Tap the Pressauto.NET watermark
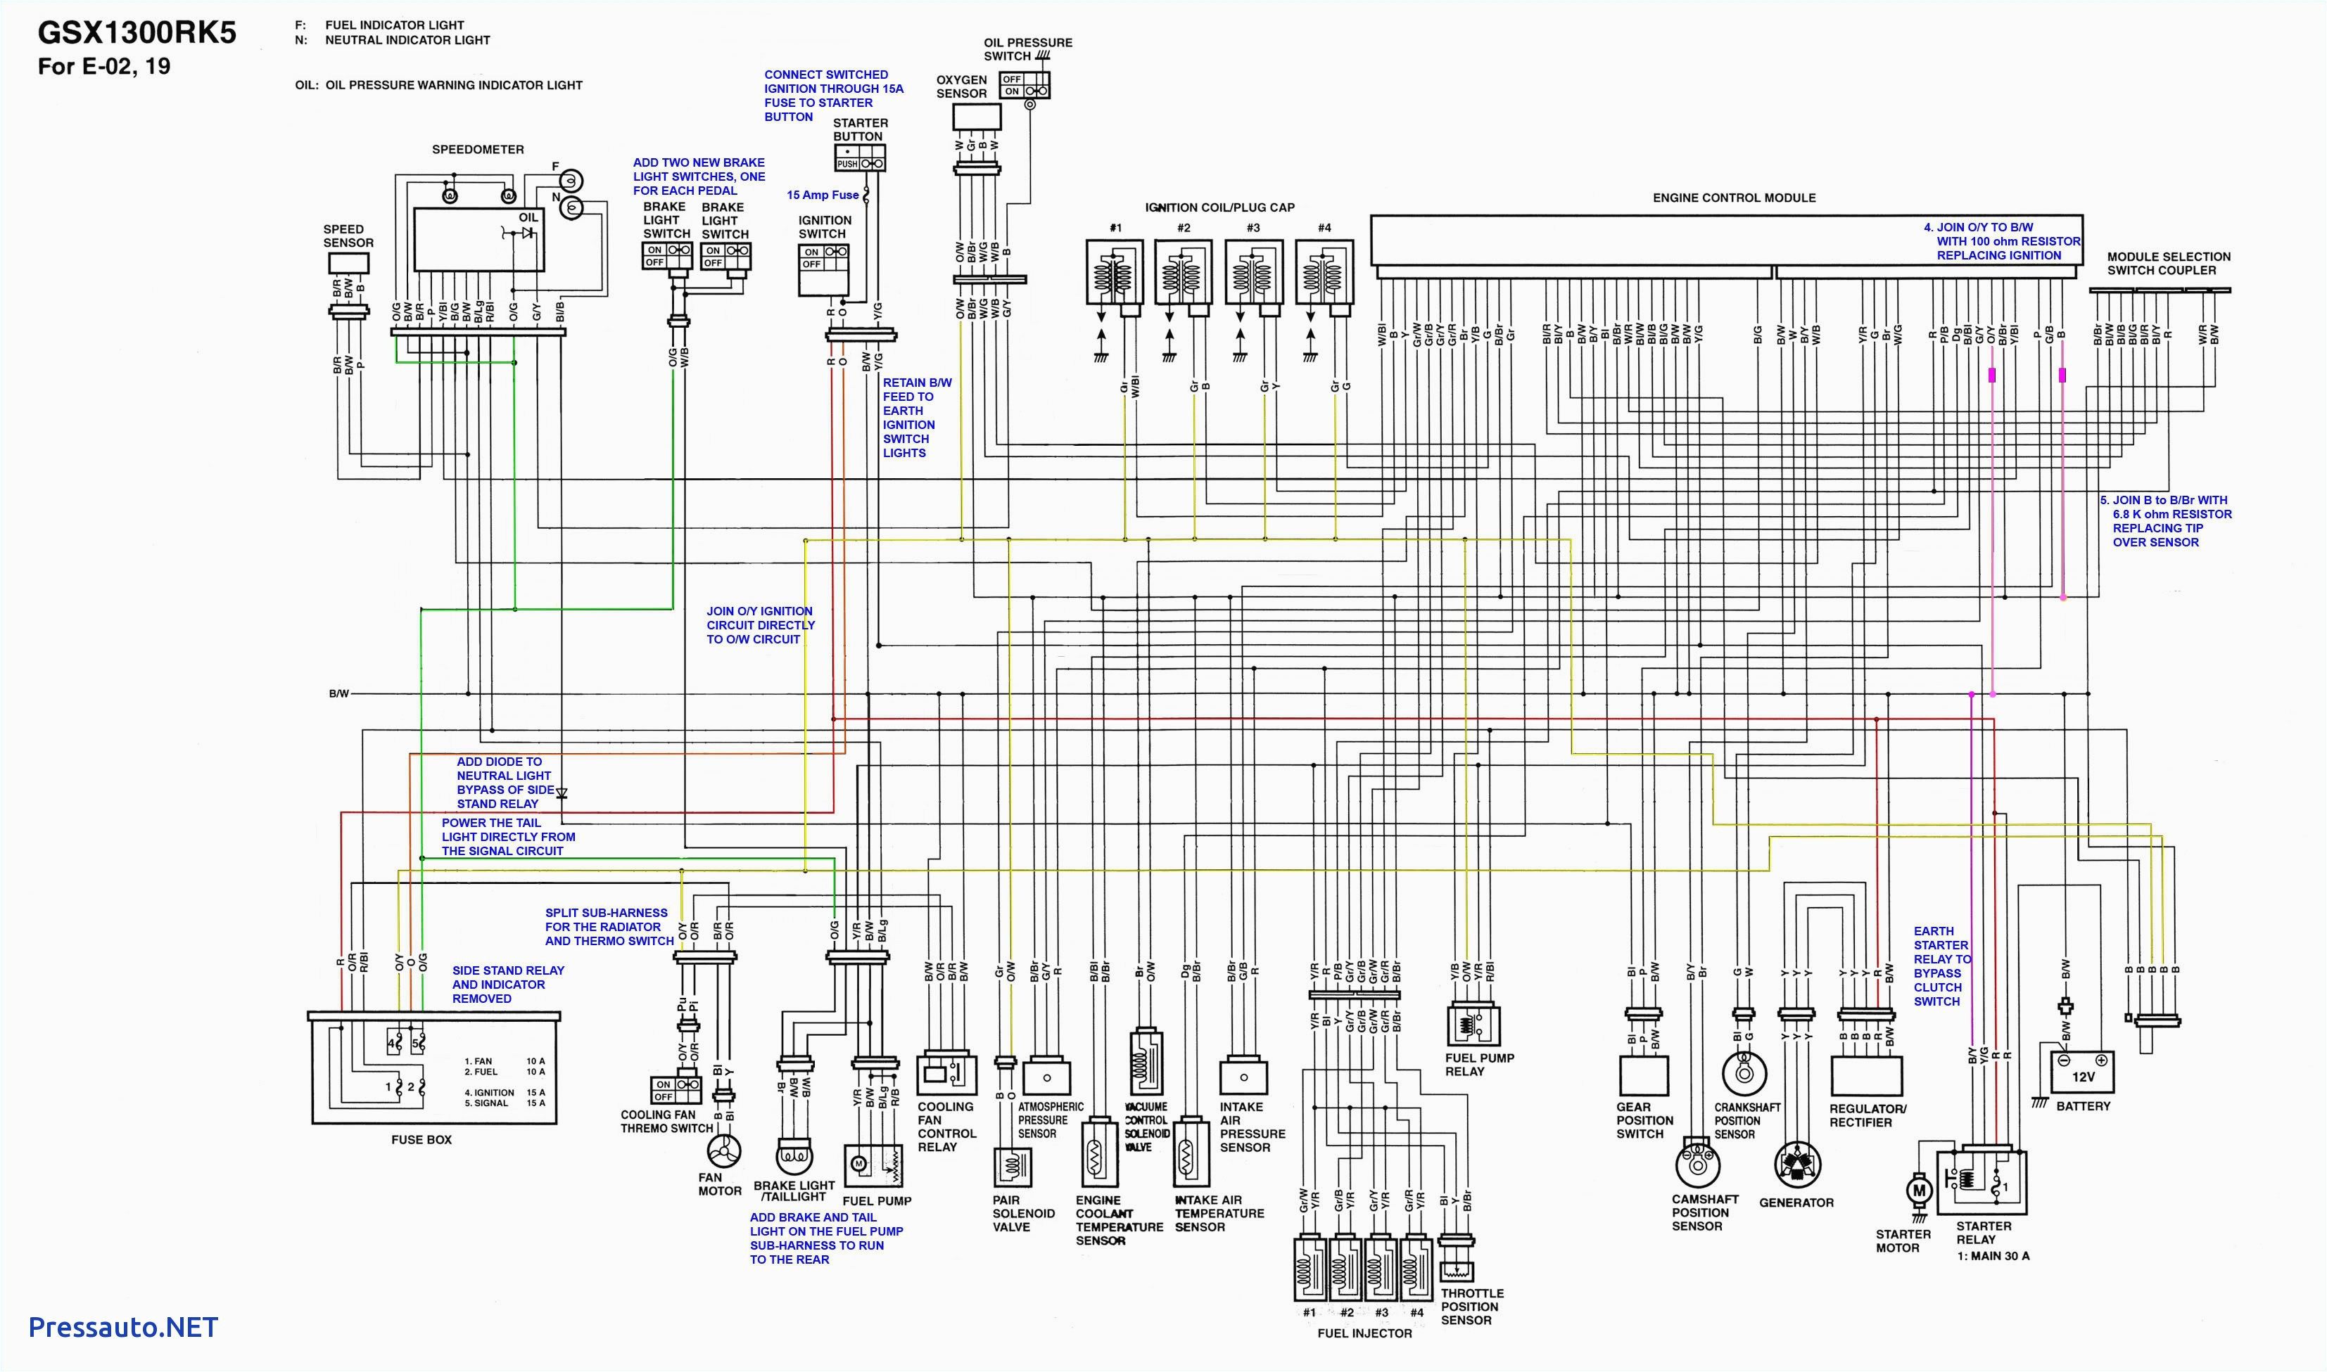click(x=123, y=1328)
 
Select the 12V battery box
click(x=2082, y=1073)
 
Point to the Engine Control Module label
click(x=1733, y=198)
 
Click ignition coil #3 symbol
click(x=1253, y=273)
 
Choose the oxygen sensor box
click(x=977, y=117)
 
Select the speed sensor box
click(x=349, y=264)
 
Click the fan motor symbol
click(x=724, y=1152)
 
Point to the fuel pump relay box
click(x=1473, y=1025)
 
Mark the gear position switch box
click(x=1644, y=1075)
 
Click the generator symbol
click(x=1797, y=1164)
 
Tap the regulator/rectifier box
click(x=1865, y=1075)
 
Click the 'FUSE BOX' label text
click(x=421, y=1140)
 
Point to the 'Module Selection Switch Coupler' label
click(x=2168, y=264)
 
